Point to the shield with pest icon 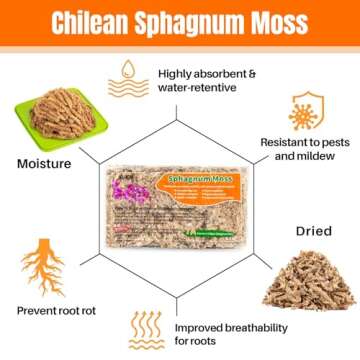click(299, 118)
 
